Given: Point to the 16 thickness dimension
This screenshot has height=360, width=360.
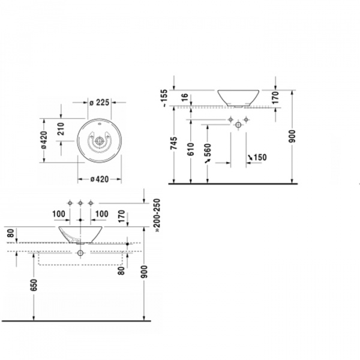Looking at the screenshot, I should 184,95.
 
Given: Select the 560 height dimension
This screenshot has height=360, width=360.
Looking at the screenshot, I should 208,154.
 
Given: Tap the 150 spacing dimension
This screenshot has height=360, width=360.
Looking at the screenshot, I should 258,158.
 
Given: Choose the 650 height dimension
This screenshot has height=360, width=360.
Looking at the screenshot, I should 34,288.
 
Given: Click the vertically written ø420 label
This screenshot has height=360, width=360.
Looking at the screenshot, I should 44,141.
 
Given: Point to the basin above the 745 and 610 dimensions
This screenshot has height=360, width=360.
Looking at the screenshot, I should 238,96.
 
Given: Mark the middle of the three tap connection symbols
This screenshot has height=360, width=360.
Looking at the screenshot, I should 80,203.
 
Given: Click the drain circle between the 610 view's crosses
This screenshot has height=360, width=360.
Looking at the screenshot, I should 238,124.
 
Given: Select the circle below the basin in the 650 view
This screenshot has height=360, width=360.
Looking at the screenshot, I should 80,253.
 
